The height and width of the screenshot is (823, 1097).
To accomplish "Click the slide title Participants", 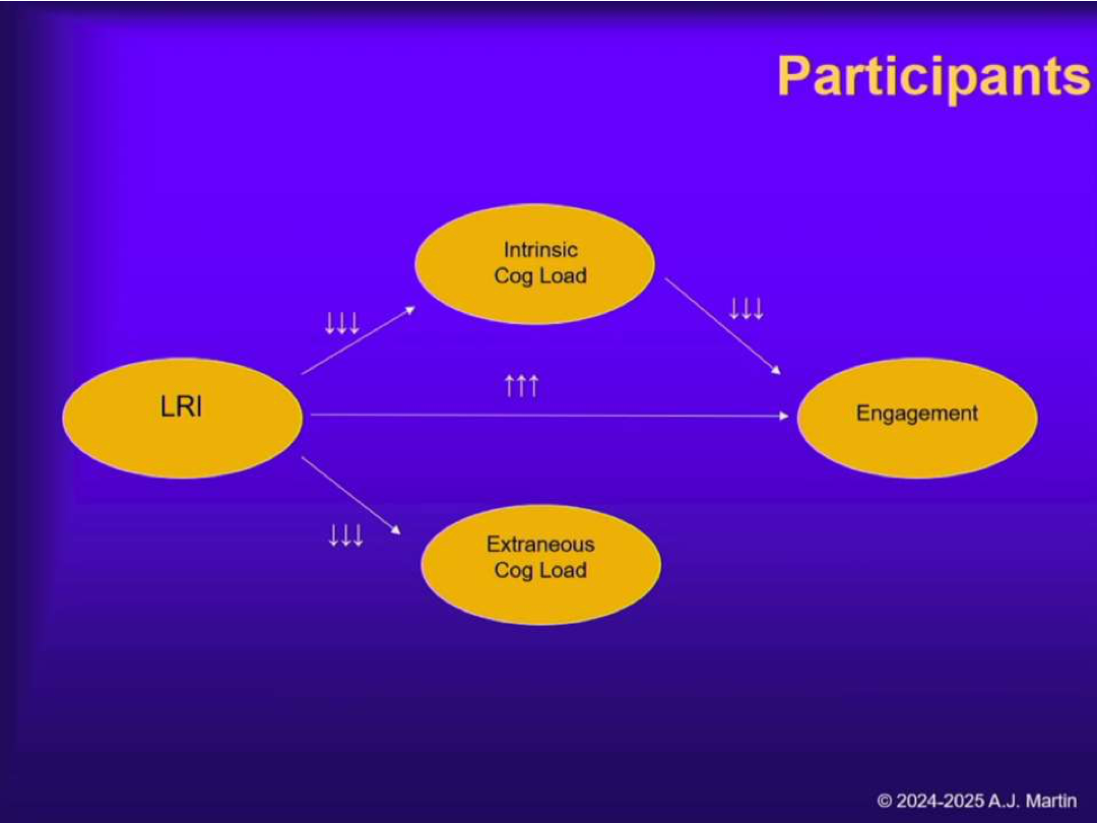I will click(933, 78).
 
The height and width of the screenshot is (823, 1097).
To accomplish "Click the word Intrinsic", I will click(540, 250).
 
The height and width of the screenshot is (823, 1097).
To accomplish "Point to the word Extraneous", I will click(540, 544).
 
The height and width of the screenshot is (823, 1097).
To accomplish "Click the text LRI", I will click(181, 407).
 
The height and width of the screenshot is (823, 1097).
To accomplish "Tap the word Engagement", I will click(917, 413).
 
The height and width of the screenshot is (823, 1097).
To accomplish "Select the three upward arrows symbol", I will click(521, 386).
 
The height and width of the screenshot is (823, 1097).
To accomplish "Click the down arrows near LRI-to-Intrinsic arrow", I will click(342, 323).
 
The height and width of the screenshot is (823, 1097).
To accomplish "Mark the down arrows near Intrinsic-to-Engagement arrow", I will click(746, 308).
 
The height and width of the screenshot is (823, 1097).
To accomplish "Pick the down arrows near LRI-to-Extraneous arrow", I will click(346, 535).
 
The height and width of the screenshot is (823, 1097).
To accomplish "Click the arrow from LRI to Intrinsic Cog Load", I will click(358, 340).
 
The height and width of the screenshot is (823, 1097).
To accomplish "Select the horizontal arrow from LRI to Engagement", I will click(548, 416).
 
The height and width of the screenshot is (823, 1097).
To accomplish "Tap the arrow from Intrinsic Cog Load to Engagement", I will click(722, 326).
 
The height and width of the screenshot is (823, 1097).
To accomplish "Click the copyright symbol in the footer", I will click(884, 801).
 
